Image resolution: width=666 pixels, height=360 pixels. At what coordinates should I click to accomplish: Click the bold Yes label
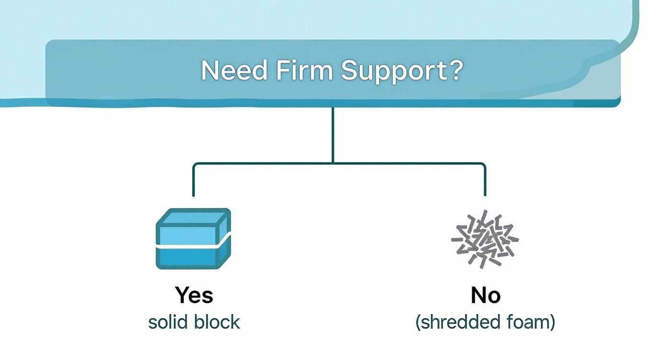tap(194, 295)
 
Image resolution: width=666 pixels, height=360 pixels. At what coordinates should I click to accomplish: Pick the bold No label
tap(485, 295)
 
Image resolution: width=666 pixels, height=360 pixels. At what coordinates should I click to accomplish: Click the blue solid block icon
tap(193, 238)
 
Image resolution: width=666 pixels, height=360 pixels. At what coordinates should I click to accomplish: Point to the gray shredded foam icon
tap(485, 238)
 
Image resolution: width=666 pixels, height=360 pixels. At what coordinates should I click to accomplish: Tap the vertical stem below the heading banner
tap(333, 134)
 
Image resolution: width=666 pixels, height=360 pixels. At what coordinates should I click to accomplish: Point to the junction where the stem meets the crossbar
tap(333, 164)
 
